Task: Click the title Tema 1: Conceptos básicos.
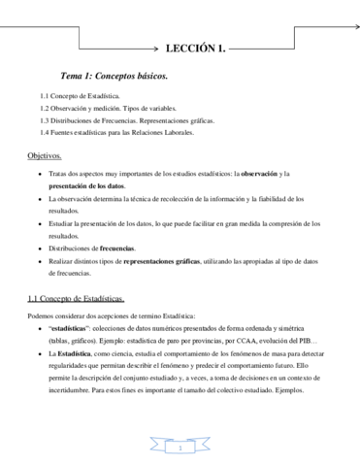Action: coord(114,75)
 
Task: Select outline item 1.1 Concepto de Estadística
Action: coord(80,97)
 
